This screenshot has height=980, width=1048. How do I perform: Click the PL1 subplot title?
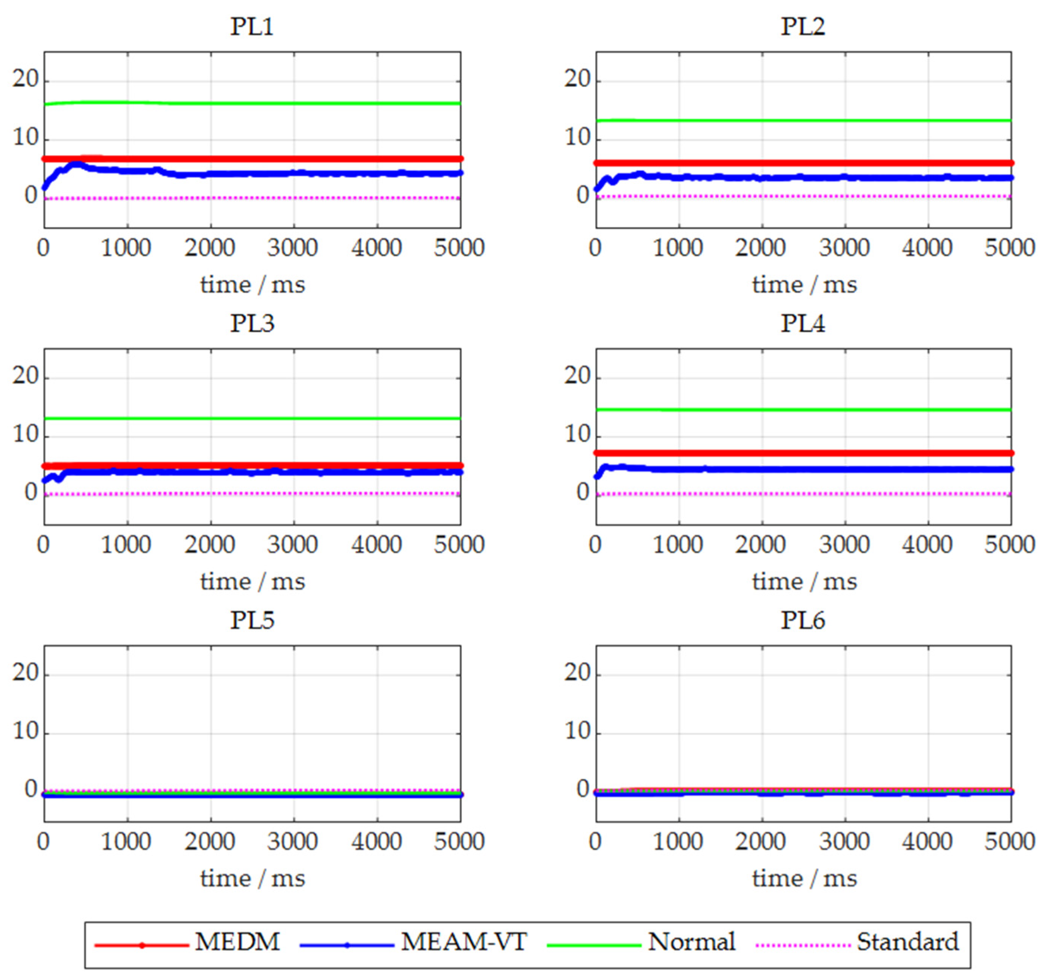[252, 26]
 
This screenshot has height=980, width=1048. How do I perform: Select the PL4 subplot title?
[802, 323]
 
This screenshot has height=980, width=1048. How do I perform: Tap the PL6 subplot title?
[802, 620]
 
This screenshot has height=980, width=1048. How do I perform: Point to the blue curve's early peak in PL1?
[76, 164]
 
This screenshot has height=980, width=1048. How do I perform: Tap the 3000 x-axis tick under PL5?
[293, 842]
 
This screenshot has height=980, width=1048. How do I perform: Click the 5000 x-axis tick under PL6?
[1009, 842]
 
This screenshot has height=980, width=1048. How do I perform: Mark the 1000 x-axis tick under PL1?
[126, 247]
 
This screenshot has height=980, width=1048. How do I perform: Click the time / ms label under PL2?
[804, 285]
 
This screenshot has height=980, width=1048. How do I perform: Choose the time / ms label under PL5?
[253, 879]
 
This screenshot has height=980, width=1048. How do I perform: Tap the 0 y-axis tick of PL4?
[583, 493]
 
